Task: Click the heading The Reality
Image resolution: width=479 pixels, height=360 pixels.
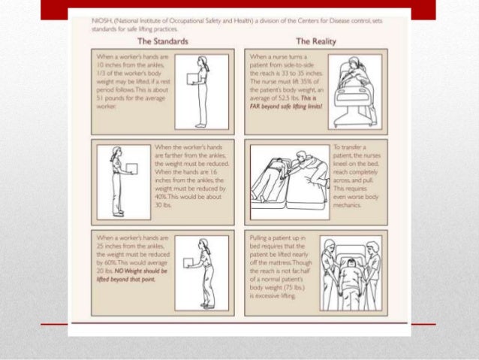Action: click(x=316, y=40)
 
